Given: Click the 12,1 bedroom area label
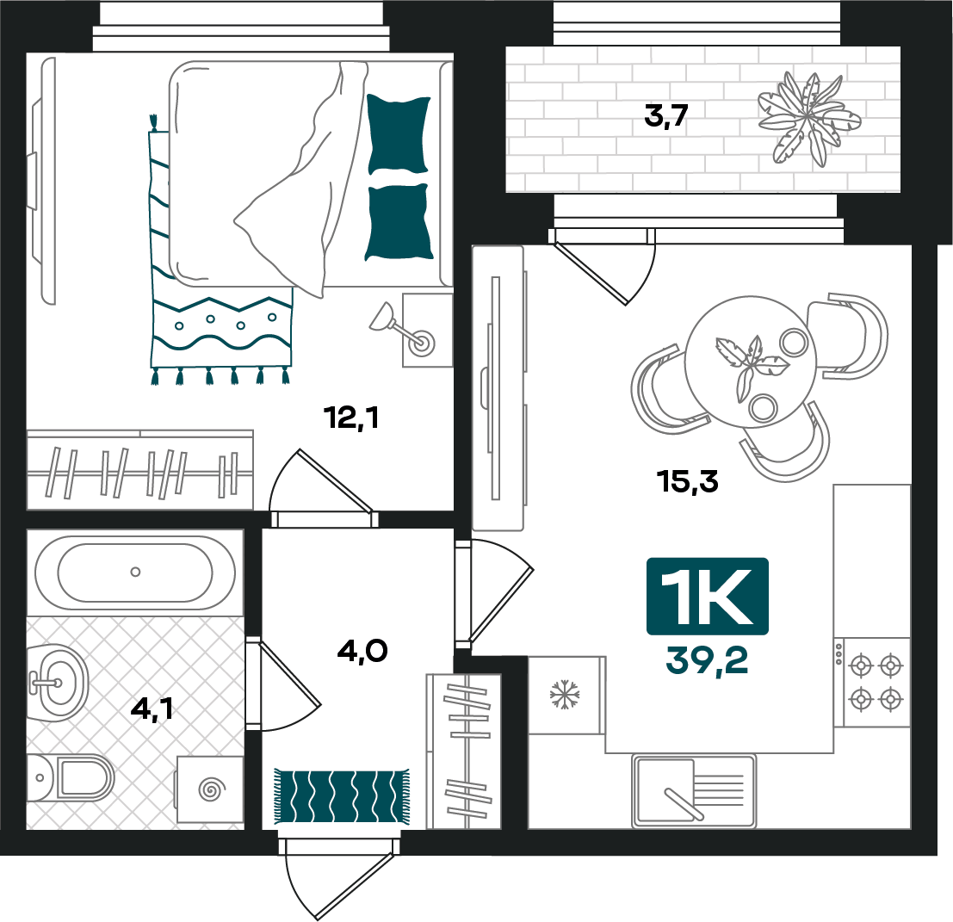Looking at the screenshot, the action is click(351, 418).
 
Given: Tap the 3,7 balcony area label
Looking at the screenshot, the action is click(665, 115).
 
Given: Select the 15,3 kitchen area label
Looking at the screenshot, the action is click(687, 481).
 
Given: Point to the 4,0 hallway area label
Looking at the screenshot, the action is click(362, 651).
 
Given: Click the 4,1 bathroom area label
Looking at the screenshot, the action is click(152, 709).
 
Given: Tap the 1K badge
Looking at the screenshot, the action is click(708, 597).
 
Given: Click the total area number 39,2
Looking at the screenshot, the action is click(707, 660).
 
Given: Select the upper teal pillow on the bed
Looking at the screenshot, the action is click(398, 134).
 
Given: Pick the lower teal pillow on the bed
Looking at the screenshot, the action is click(399, 222).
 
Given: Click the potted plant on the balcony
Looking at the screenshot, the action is click(808, 119).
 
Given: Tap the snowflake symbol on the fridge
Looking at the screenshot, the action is click(565, 694).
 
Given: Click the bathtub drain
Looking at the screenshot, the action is click(135, 572).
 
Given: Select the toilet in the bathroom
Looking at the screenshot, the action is click(71, 777).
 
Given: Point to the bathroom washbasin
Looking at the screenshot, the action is click(59, 683).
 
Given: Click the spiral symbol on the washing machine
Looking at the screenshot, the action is click(211, 789).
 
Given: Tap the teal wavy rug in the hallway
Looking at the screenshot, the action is click(342, 796).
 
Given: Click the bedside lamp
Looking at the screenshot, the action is click(401, 330).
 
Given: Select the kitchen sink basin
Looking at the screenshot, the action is click(665, 790).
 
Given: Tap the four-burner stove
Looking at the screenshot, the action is click(872, 682).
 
